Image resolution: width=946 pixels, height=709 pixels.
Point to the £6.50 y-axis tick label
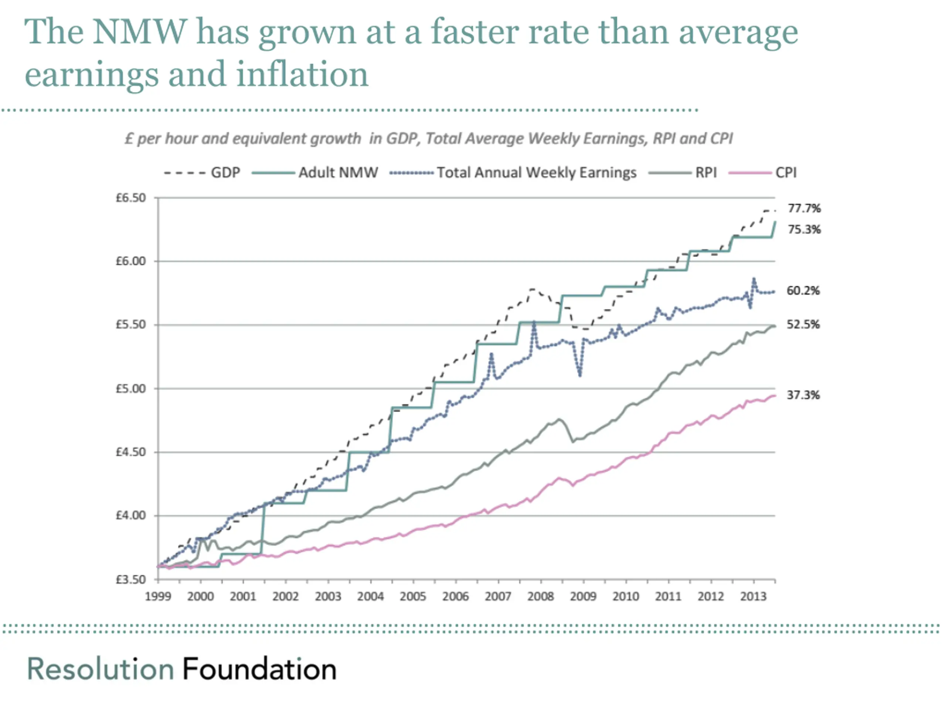(x=131, y=198)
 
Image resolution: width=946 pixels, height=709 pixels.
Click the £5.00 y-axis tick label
(x=131, y=388)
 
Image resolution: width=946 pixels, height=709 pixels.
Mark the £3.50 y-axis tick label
(x=131, y=579)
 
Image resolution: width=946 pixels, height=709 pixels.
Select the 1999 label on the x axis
(x=158, y=596)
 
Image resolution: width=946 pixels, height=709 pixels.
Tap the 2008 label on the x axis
(x=541, y=596)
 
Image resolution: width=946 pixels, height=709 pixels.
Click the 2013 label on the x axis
(x=753, y=596)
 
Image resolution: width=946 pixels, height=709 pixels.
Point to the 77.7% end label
(x=804, y=209)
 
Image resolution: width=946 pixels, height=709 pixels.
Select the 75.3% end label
(x=804, y=229)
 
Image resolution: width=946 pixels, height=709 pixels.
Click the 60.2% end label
(x=803, y=291)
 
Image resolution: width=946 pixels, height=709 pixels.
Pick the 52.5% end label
(x=803, y=324)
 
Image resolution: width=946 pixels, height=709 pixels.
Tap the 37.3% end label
(x=803, y=395)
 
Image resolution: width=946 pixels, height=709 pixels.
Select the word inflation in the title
(x=302, y=74)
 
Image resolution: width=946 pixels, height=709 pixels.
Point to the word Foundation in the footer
(x=259, y=669)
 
